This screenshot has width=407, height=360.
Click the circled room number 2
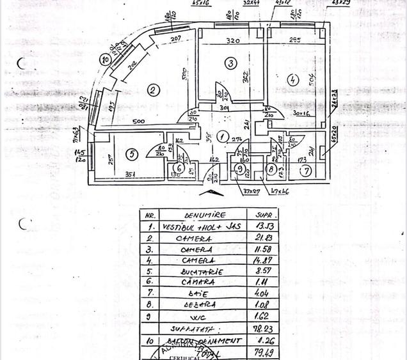(152, 90)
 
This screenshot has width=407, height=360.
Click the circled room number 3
(230, 62)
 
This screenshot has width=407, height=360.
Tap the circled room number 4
(292, 81)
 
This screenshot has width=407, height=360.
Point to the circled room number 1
(221, 136)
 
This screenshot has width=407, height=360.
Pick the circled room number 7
(307, 170)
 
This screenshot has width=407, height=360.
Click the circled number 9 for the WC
(240, 169)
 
